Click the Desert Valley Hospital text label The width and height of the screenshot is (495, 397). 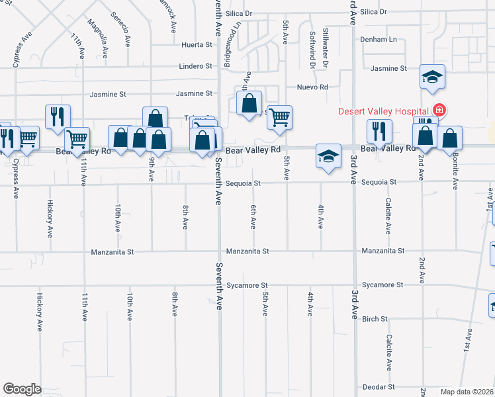(x=384, y=110)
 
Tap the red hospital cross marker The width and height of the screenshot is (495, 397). (x=437, y=110)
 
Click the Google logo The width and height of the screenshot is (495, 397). (x=22, y=388)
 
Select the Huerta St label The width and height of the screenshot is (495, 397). (x=197, y=46)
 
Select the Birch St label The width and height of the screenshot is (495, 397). (x=375, y=319)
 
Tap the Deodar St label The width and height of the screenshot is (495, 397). (x=378, y=386)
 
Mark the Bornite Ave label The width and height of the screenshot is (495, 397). (x=455, y=172)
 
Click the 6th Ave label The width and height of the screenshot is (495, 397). (x=253, y=216)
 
